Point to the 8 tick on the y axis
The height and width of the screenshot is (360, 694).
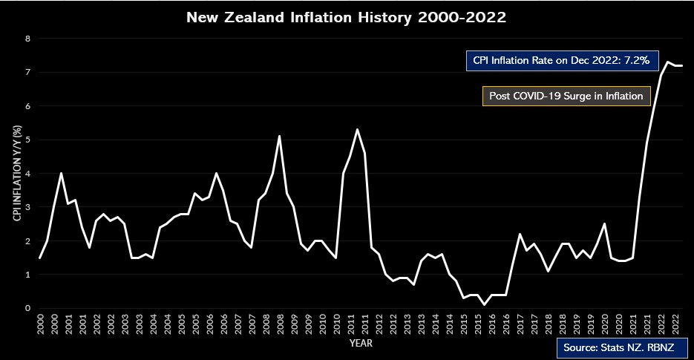28,39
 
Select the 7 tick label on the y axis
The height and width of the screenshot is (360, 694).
28,73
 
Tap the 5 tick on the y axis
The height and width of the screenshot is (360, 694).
28,140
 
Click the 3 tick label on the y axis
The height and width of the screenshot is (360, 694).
28,207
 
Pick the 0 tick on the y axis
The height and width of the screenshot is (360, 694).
28,308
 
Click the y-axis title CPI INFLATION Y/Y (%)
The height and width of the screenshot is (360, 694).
16,174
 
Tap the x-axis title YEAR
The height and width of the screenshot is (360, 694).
361,344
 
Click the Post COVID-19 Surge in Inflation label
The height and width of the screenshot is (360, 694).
566,96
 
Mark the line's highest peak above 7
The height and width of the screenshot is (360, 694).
668,62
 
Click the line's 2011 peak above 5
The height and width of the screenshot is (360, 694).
357,130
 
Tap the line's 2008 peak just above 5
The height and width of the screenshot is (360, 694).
279,136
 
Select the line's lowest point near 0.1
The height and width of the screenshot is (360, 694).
484,304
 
